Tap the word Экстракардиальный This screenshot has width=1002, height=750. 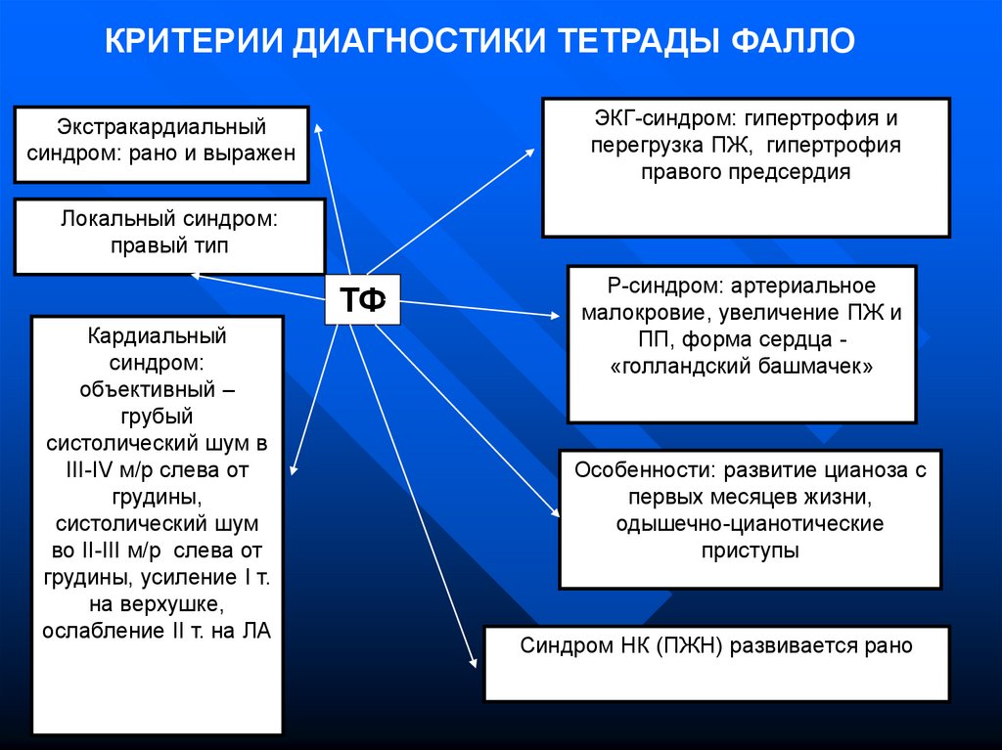pyautogui.click(x=160, y=127)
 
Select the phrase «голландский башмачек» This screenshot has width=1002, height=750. pyautogui.click(x=741, y=367)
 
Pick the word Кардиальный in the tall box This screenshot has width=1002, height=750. pyautogui.click(x=157, y=335)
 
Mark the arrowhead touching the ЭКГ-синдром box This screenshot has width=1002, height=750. pyautogui.click(x=531, y=152)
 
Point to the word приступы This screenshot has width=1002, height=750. pyautogui.click(x=750, y=550)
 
